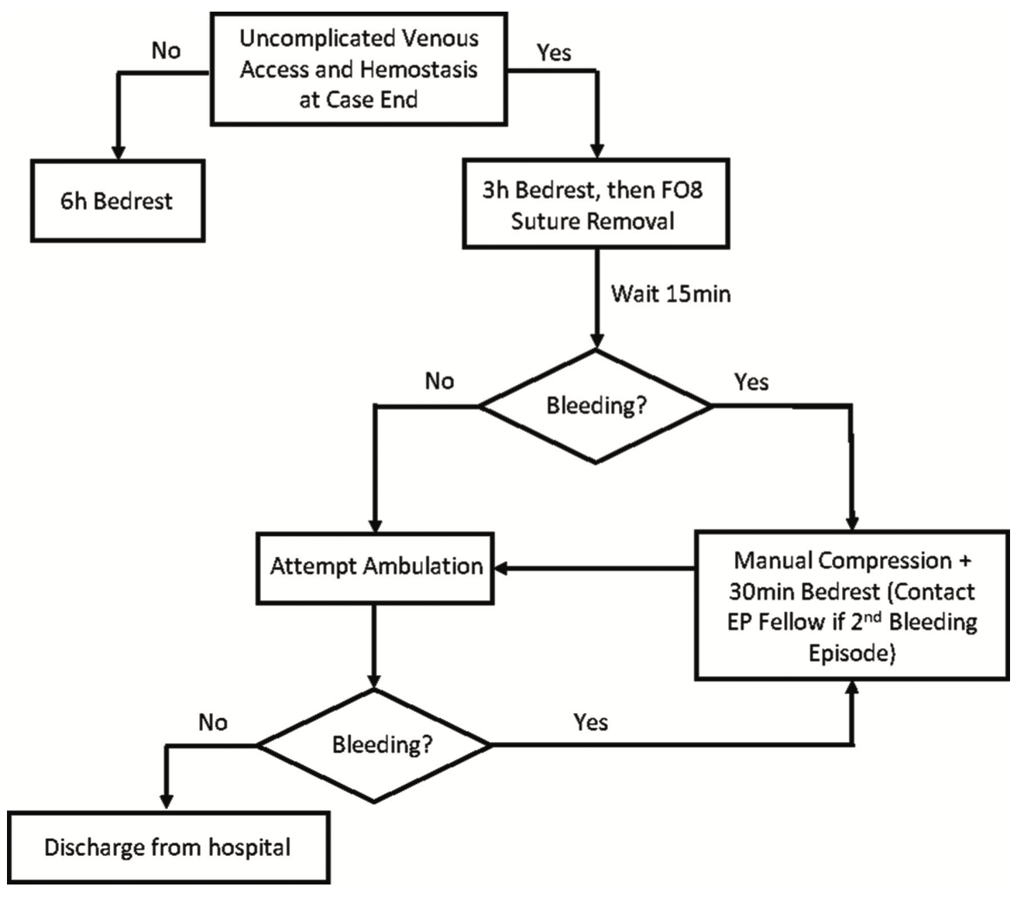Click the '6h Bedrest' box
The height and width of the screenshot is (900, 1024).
117,201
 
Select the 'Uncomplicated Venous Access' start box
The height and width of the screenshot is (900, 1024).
359,69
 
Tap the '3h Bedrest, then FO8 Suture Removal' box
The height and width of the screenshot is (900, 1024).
595,204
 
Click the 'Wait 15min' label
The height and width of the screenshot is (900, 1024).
670,294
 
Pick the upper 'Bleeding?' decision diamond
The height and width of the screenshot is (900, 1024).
595,406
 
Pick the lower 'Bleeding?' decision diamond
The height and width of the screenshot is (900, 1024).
374,745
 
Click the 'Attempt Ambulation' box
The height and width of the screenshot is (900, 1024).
375,567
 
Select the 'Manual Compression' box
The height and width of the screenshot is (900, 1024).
851,606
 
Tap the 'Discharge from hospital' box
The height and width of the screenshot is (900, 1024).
168,847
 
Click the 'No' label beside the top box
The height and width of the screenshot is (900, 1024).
166,51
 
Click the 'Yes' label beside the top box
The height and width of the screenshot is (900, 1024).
554,53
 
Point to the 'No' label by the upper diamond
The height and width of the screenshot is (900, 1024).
439,381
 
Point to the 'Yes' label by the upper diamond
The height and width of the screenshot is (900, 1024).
751,382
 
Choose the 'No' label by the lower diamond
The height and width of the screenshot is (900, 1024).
213,723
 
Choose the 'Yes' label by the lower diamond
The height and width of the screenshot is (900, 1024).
590,723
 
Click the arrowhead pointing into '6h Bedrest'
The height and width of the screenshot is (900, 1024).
118,152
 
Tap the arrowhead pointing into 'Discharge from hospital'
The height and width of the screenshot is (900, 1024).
166,802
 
